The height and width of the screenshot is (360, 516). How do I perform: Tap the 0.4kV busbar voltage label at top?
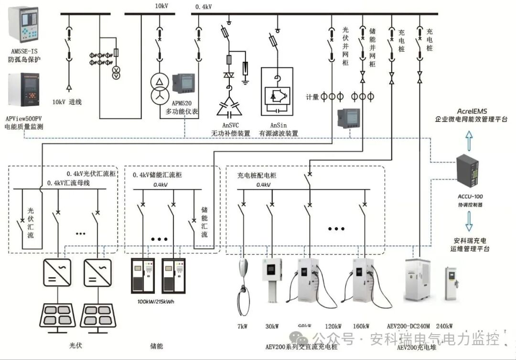204,7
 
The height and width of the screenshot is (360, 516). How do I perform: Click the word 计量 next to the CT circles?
312,97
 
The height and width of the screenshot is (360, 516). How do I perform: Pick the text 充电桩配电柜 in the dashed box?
257,175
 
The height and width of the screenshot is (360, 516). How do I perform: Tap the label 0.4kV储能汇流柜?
157,175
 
